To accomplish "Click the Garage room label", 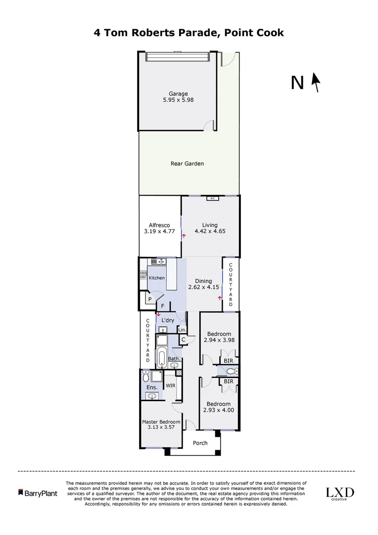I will pos(178,94).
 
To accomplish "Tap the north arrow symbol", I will pos(315,83).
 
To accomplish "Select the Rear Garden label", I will pos(187,163).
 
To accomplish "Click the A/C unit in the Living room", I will pos(212,199).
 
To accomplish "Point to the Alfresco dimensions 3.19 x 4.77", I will pos(159,231).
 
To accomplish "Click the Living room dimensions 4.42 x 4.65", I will pos(210,231).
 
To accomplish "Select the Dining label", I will pos(203,281).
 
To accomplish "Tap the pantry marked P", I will pos(148,299).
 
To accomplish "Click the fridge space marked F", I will pos(162,306).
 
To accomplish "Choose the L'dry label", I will pos(168,321).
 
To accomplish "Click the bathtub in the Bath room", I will pos(161,356).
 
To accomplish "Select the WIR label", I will pos(170,385).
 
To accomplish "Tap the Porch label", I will pos(200,443).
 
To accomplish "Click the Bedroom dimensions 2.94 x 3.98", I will pos(219,340).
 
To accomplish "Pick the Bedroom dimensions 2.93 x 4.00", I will pos(219,410).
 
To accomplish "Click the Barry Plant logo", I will pos(38,493).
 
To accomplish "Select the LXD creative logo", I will pos(339,493).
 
